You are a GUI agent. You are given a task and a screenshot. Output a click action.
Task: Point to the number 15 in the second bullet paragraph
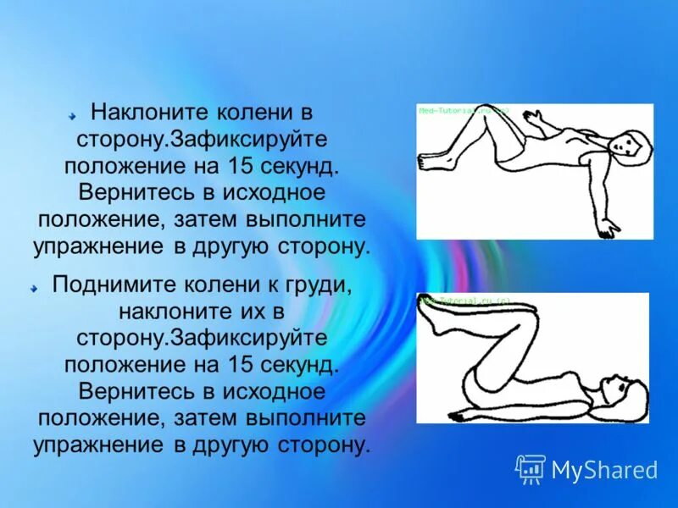(x=239, y=365)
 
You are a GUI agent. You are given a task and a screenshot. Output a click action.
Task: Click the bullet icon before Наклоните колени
(x=74, y=112)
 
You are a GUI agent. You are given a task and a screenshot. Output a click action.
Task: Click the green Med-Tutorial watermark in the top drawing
(x=462, y=110)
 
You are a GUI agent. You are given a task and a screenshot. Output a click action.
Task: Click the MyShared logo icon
(x=531, y=468)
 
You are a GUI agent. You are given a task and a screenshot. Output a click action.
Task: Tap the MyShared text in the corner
(x=604, y=469)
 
